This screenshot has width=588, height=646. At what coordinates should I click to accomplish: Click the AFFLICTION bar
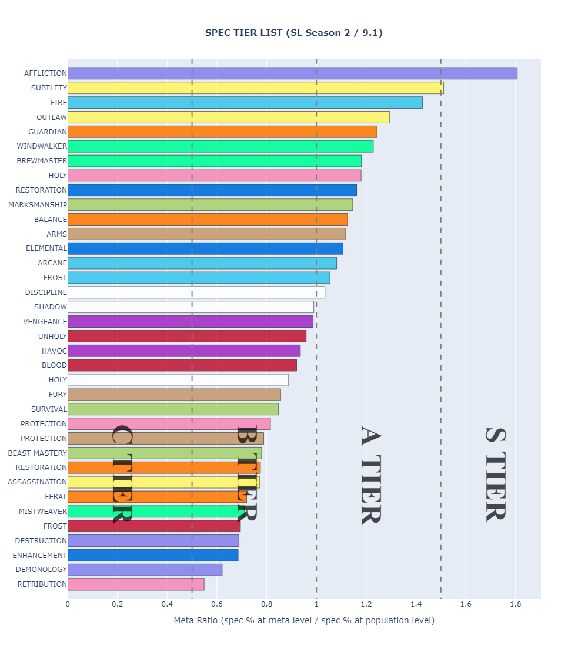[292, 73]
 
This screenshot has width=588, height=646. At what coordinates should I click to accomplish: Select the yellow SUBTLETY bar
[255, 88]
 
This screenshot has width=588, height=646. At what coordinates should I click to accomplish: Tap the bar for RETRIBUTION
[136, 584]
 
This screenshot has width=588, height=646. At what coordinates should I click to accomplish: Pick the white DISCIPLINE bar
[196, 292]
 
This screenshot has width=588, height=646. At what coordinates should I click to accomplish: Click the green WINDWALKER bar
[220, 146]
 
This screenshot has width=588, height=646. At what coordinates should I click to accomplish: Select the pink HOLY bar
[214, 176]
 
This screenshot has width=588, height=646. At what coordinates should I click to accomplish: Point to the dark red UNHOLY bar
[187, 336]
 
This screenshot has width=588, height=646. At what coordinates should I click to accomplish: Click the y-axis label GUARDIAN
[48, 132]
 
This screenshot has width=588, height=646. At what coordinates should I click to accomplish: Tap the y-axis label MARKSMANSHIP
[38, 205]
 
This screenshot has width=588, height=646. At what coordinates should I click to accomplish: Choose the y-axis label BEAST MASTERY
[38, 453]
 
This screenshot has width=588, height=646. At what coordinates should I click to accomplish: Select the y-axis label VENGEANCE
[45, 321]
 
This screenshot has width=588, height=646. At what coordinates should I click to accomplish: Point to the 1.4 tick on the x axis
[416, 604]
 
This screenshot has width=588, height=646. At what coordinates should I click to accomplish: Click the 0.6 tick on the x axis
[217, 604]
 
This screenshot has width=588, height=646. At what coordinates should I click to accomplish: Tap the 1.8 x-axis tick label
[515, 604]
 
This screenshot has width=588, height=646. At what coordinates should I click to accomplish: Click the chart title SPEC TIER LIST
[293, 33]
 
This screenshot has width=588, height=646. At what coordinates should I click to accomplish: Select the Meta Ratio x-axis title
[304, 620]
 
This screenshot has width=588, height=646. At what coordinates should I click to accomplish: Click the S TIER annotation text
[495, 474]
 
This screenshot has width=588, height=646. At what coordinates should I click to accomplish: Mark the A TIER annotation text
[371, 474]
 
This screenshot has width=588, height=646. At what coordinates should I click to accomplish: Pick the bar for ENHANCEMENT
[153, 555]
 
